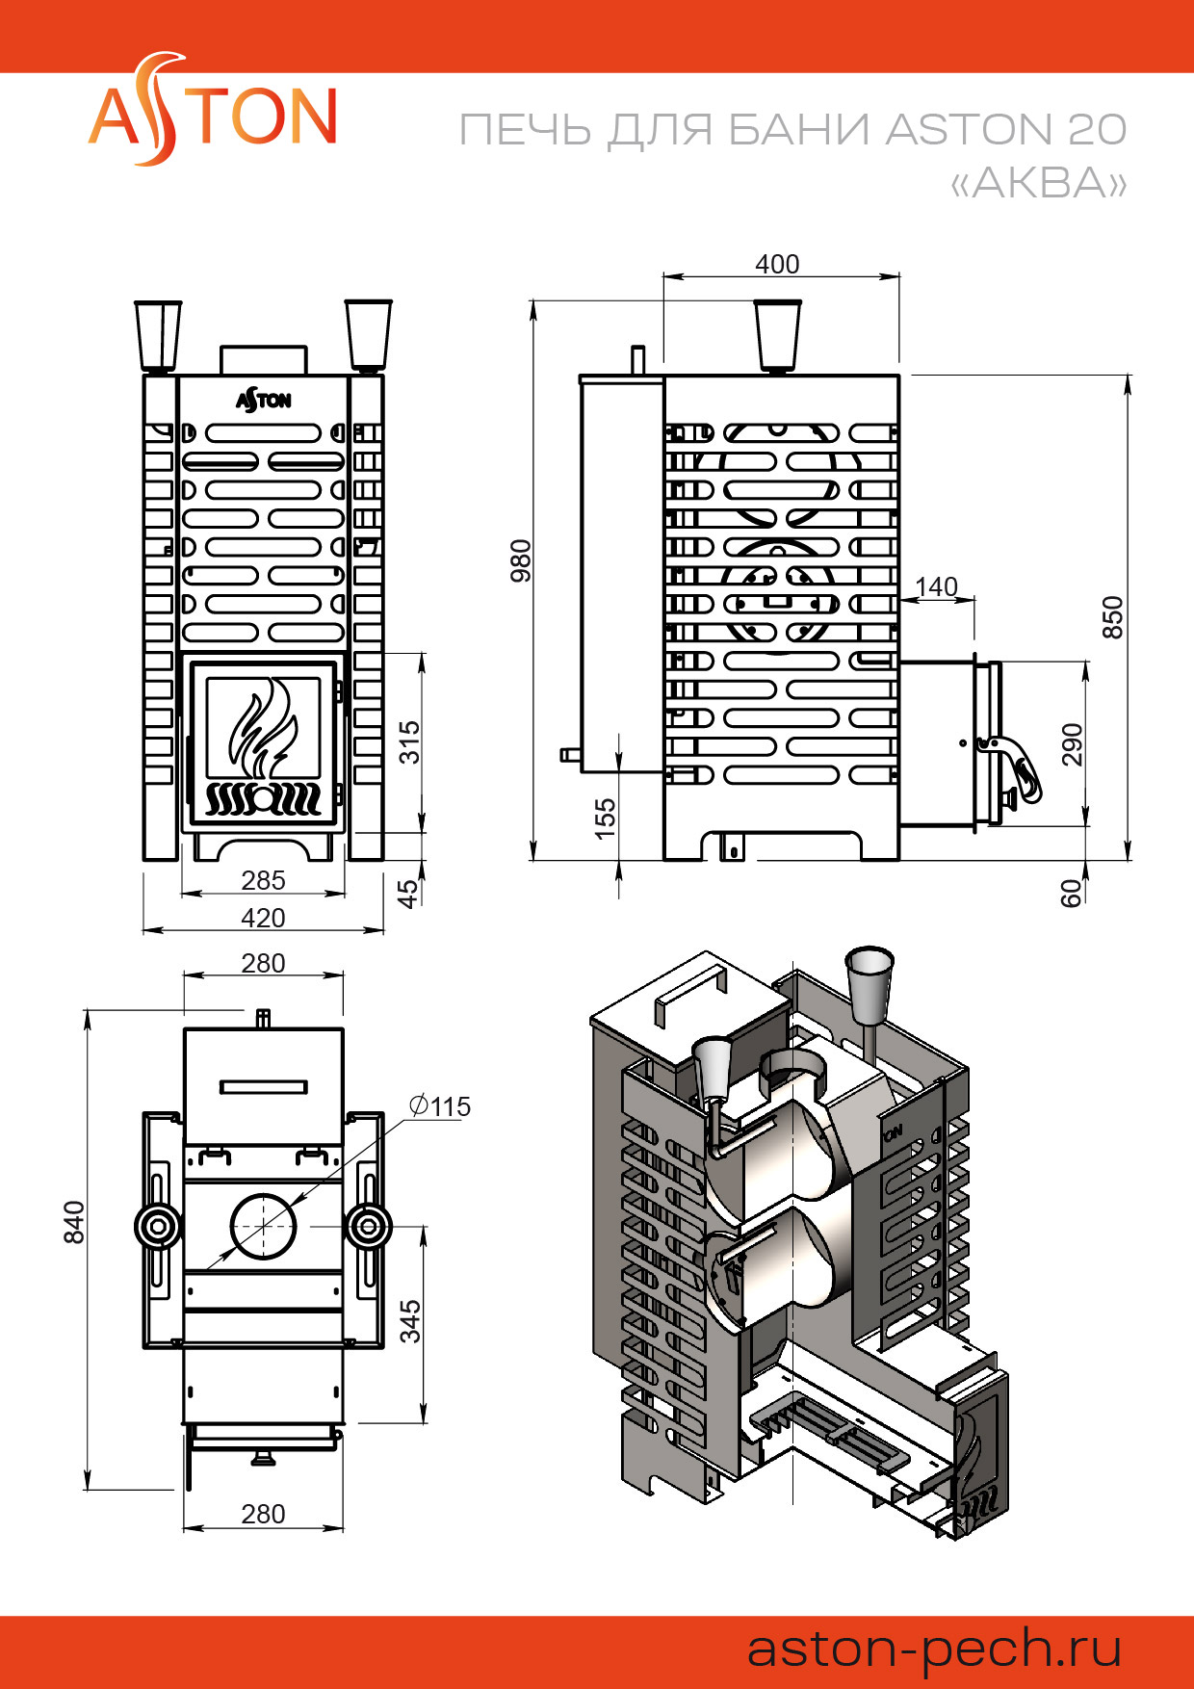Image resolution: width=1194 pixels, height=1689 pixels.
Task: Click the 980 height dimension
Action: click(x=520, y=560)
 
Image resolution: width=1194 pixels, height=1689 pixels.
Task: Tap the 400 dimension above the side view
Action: click(x=777, y=264)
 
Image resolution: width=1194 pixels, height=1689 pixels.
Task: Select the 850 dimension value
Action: click(x=1112, y=616)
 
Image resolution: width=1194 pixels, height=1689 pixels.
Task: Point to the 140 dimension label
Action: click(x=936, y=586)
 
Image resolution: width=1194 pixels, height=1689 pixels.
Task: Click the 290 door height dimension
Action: click(x=1072, y=744)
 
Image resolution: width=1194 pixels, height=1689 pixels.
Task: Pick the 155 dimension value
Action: click(x=605, y=819)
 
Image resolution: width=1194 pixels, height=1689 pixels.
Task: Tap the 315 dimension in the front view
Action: click(x=410, y=742)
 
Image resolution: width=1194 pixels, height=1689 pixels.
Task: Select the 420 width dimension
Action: click(x=263, y=918)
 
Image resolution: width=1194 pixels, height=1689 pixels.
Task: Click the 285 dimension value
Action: click(x=263, y=880)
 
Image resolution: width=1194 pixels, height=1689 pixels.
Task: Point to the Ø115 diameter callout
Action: click(x=440, y=1106)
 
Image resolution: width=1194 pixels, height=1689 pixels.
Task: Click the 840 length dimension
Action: click(x=74, y=1222)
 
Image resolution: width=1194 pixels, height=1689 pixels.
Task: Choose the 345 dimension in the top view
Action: click(x=410, y=1321)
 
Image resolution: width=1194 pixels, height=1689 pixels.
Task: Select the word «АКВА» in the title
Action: click(x=1038, y=182)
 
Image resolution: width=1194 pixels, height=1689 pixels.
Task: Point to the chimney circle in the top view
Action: click(x=264, y=1226)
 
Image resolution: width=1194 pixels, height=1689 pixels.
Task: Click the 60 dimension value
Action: click(x=1071, y=894)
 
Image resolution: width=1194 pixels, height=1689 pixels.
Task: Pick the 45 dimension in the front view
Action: click(x=410, y=893)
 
